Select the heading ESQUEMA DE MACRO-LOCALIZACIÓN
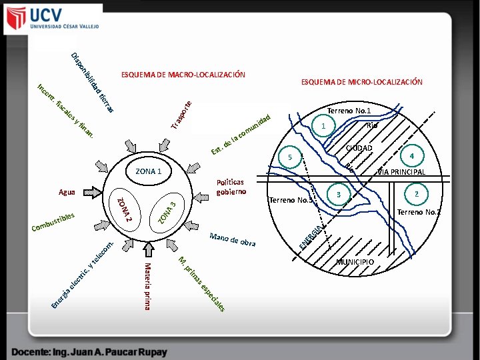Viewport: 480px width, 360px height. click(x=183, y=74)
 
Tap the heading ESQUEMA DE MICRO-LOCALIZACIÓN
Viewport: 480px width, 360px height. click(x=361, y=82)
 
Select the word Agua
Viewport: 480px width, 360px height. click(x=67, y=193)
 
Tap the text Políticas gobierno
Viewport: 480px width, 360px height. click(x=231, y=187)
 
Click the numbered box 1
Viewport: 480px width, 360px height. click(x=323, y=126)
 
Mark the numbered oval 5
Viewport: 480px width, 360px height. click(x=290, y=157)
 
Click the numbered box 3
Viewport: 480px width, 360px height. click(x=339, y=194)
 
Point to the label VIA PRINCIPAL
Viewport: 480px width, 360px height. click(x=401, y=172)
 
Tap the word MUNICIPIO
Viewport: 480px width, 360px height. click(x=355, y=261)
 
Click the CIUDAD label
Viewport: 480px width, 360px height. click(x=359, y=147)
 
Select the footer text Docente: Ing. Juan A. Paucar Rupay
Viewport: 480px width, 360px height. click(x=89, y=351)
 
